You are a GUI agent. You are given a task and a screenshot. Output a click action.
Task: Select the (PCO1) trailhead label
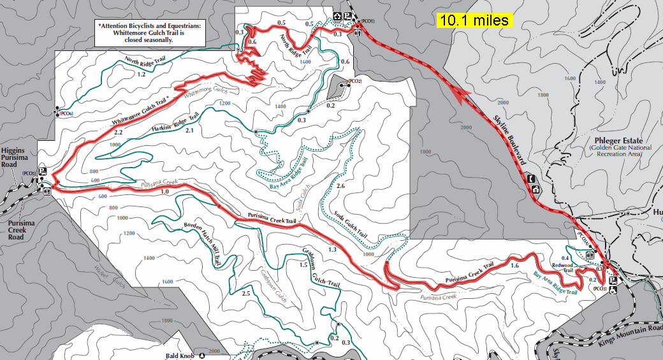[367, 22]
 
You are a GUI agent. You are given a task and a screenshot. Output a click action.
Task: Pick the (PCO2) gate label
[354, 82]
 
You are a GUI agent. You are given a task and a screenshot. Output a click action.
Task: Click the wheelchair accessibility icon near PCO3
[614, 290]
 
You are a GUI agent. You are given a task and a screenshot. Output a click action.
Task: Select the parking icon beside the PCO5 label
[43, 171]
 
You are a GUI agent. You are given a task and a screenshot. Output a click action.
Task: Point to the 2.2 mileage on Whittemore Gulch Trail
[118, 133]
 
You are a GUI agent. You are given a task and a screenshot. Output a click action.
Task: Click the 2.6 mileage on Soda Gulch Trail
[340, 186]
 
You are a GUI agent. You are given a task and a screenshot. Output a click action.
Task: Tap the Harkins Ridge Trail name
[175, 122]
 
